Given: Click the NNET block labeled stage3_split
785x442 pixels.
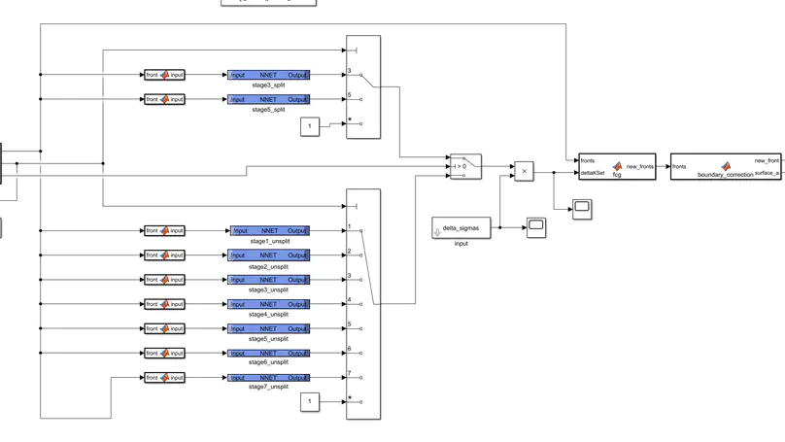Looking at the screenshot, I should [268, 75].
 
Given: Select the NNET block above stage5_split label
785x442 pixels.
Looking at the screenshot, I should [268, 99].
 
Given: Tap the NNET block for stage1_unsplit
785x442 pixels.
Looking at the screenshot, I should [269, 231].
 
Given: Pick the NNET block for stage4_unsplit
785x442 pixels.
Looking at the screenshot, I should [269, 304].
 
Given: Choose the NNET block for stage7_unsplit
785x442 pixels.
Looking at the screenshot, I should [269, 377].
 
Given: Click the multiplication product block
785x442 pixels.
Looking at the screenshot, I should [524, 171].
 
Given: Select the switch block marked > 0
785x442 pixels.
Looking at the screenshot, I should [464, 166].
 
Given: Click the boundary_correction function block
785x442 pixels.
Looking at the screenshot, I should [725, 166].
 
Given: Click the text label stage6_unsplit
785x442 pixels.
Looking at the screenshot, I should [269, 362].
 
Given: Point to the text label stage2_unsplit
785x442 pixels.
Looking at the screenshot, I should [269, 265].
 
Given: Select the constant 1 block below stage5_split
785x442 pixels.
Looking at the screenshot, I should [310, 127].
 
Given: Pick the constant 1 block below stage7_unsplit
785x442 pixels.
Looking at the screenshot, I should [310, 401].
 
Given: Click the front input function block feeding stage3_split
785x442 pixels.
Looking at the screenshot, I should [164, 75].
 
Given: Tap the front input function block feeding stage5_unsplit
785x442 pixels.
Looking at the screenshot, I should [164, 328].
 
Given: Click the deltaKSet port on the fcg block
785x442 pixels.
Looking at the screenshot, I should [593, 173].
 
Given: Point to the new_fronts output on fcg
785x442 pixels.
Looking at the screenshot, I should [639, 166].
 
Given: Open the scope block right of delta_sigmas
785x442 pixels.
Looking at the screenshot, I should [536, 228].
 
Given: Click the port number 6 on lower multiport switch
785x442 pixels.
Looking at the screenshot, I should [349, 349].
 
